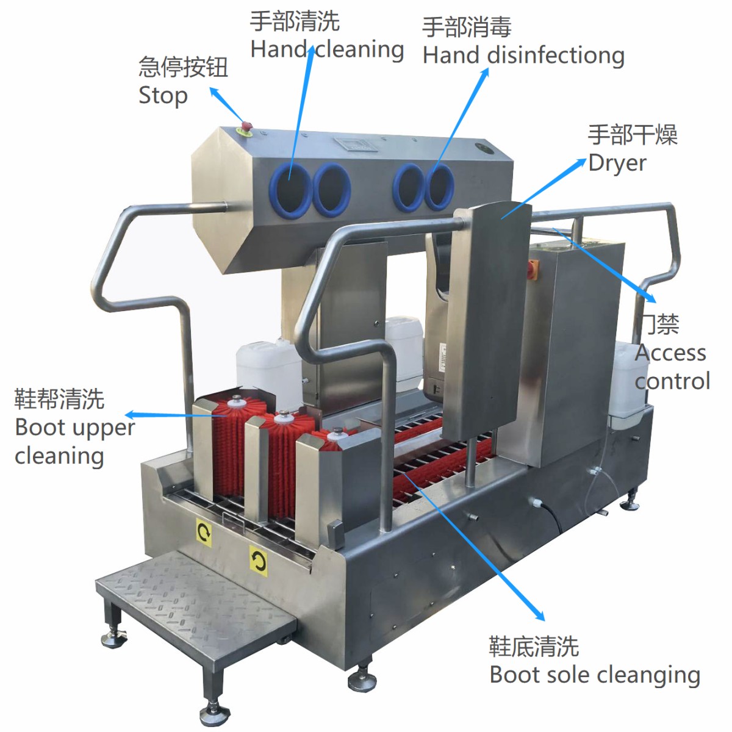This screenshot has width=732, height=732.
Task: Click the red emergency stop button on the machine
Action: point(247,126)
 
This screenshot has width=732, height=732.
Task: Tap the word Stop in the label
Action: point(163,96)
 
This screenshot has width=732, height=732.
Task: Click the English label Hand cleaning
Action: point(327,49)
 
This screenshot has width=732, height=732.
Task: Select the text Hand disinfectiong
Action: point(523,56)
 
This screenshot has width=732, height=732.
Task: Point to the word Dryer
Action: point(617,163)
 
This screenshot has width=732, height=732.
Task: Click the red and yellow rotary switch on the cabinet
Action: point(534,267)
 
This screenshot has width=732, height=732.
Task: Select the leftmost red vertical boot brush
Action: point(231,445)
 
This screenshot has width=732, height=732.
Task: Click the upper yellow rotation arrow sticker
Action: point(204,532)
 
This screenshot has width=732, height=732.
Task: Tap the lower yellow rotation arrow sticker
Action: point(258,560)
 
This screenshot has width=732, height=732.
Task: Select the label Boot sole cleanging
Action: point(595,675)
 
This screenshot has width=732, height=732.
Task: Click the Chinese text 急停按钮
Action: point(183,67)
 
